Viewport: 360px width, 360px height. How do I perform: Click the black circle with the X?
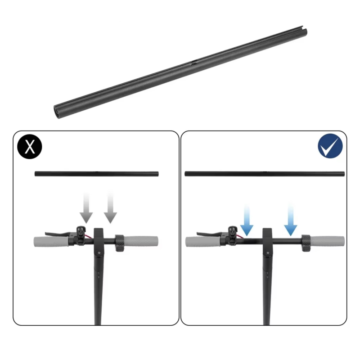[30, 147]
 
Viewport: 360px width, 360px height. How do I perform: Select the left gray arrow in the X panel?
[86, 207]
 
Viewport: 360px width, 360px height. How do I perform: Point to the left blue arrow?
[247, 220]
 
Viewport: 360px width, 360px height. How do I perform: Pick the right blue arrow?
[291, 220]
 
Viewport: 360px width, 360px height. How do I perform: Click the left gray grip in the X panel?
[50, 241]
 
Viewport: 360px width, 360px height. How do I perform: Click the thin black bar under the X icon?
[97, 174]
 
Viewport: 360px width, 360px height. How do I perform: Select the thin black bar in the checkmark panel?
[265, 174]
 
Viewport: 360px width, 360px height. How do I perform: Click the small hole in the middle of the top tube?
[194, 64]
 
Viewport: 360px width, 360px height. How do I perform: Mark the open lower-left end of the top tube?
[57, 111]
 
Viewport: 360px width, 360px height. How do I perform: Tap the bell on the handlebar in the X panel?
[81, 230]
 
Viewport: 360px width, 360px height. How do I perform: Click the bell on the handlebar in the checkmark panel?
[233, 230]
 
